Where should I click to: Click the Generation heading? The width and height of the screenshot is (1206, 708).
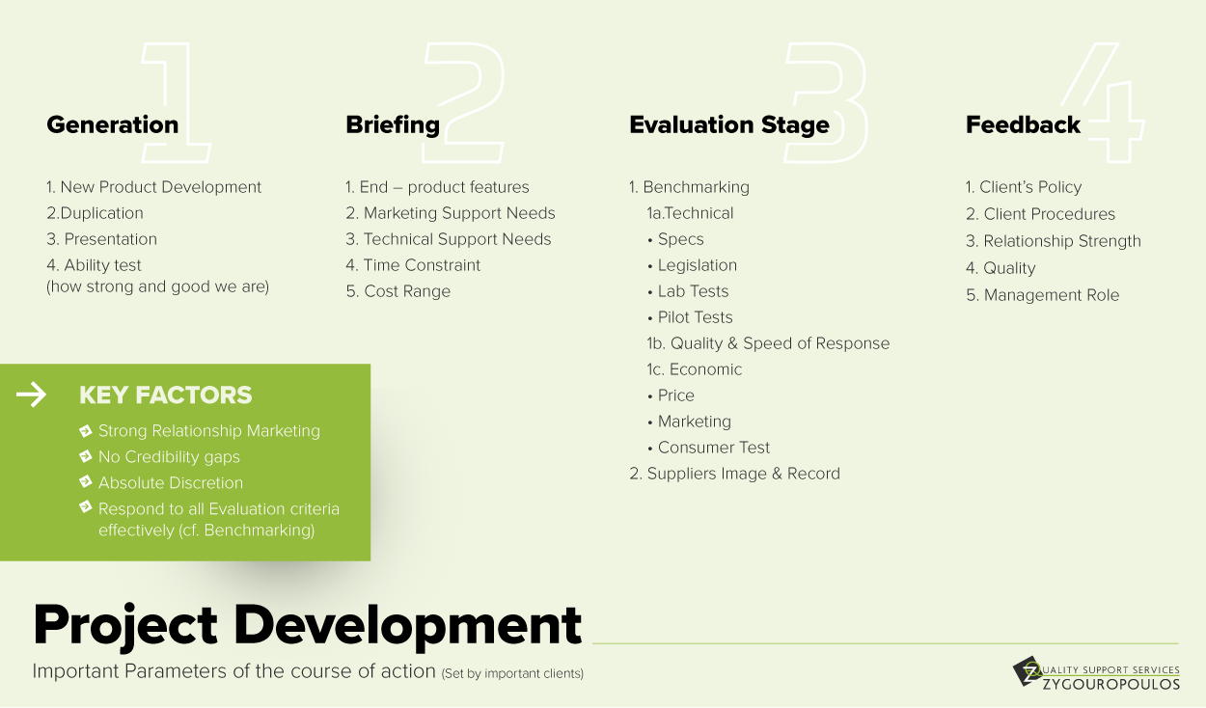113,124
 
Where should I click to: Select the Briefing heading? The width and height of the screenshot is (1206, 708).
393,125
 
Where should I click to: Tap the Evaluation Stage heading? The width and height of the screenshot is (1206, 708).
729,125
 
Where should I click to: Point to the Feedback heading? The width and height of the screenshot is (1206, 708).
1023,124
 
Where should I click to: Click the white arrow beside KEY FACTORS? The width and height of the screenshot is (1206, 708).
32,395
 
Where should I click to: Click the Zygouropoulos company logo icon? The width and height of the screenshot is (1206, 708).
1028,670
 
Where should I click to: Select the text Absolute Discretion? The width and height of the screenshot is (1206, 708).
171,483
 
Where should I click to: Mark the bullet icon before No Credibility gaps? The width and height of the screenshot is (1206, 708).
86,456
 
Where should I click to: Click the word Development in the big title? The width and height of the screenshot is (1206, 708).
407,626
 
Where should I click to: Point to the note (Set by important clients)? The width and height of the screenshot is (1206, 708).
512,673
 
